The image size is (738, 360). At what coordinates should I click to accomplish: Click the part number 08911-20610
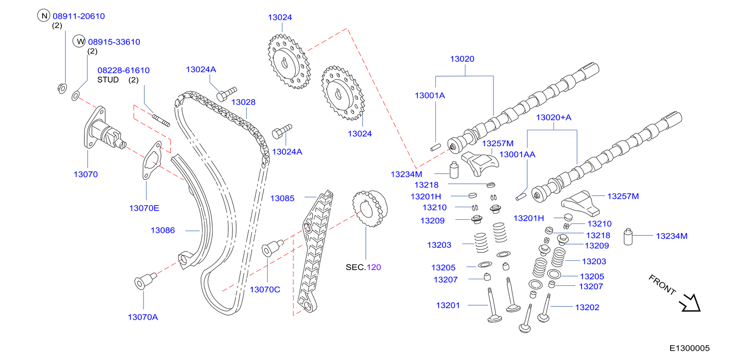78,16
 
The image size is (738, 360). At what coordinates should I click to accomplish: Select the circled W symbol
80,42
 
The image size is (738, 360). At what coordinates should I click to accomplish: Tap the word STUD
108,80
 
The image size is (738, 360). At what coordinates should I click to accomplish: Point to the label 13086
162,230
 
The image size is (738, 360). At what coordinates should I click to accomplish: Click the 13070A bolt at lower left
143,281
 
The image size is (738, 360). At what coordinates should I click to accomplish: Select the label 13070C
265,289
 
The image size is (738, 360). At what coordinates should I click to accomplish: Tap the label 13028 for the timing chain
243,102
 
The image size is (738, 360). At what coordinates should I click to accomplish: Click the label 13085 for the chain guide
282,198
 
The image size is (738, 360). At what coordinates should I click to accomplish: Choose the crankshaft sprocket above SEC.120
369,209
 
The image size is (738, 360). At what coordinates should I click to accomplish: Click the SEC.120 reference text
363,267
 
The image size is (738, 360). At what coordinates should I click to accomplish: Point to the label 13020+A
553,118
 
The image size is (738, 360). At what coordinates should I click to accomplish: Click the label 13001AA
517,155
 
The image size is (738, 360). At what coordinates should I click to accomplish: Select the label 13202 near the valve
587,307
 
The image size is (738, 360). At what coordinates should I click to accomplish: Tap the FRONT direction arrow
690,303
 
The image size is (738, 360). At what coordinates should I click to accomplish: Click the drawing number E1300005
689,348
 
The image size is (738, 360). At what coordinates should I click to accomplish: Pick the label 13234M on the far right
671,236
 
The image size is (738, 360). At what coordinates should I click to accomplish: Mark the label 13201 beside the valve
447,306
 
